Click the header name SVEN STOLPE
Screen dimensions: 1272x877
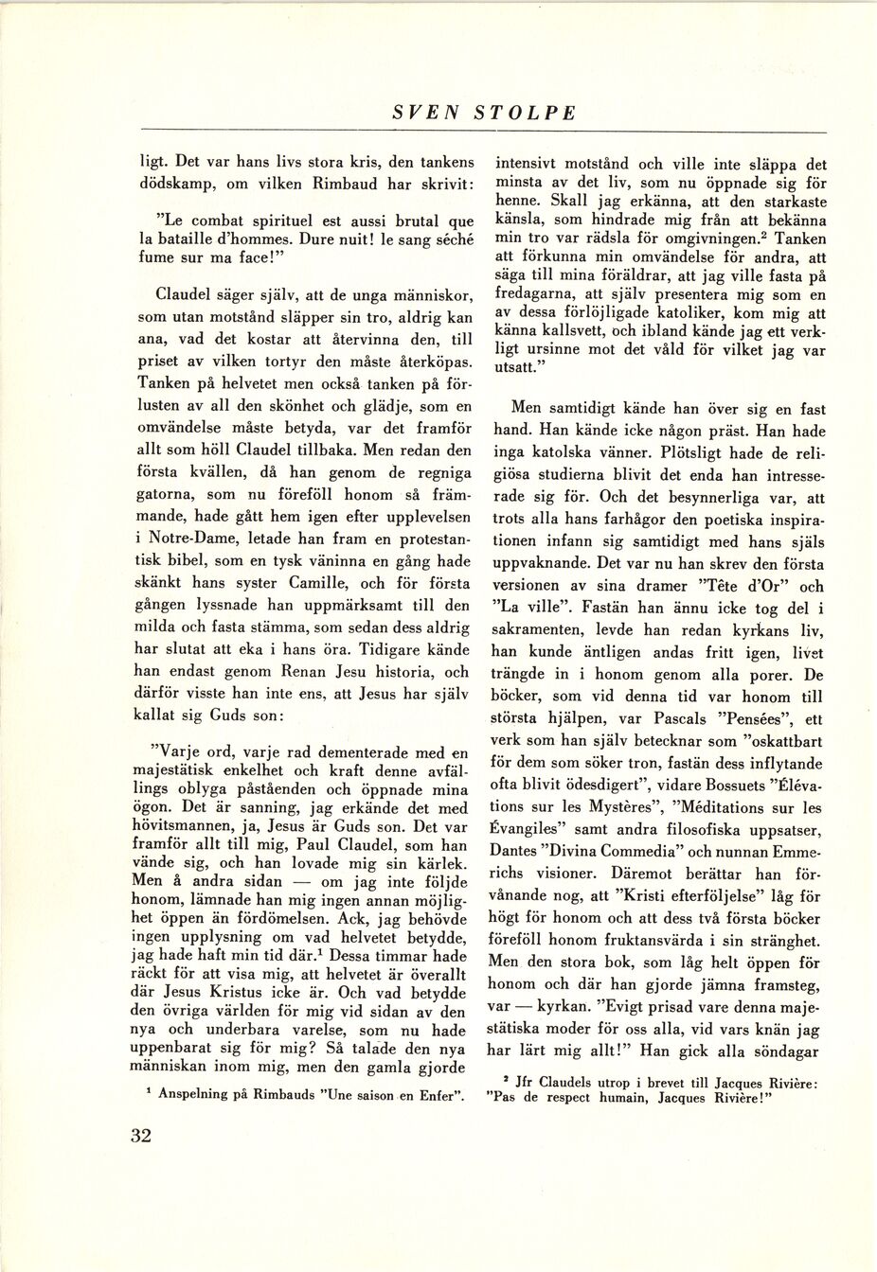pyautogui.click(x=484, y=112)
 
